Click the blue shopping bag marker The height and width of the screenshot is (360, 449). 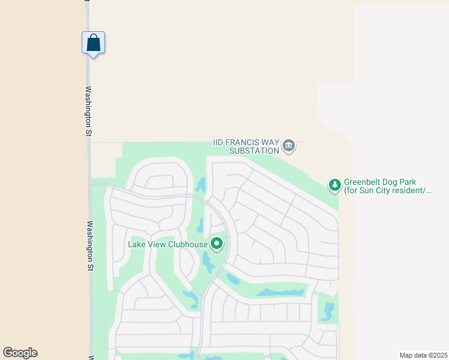click(93, 43)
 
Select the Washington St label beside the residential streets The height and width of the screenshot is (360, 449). click(90, 245)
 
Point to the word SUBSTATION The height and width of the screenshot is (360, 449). click(255, 151)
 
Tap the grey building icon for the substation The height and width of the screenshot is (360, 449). click(289, 146)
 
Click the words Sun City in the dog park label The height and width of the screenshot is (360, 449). click(373, 191)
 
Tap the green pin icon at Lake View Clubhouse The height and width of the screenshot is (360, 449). click(217, 244)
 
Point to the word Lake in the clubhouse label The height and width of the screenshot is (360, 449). click(137, 244)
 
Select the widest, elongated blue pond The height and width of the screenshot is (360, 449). click(280, 293)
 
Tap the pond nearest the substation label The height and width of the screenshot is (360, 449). click(200, 184)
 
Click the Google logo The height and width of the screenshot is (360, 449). click(20, 353)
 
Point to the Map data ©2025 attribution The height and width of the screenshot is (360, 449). click(423, 355)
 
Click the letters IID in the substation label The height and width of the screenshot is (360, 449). click(220, 143)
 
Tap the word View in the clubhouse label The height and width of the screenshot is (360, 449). click(158, 244)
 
